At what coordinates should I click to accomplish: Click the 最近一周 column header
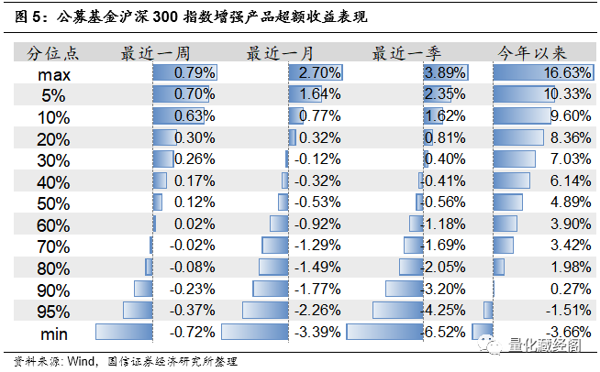152,52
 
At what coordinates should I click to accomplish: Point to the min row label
54,333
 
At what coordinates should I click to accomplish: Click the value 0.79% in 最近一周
194,72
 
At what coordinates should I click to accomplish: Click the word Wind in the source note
79,360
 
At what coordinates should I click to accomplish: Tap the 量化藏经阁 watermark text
547,345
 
